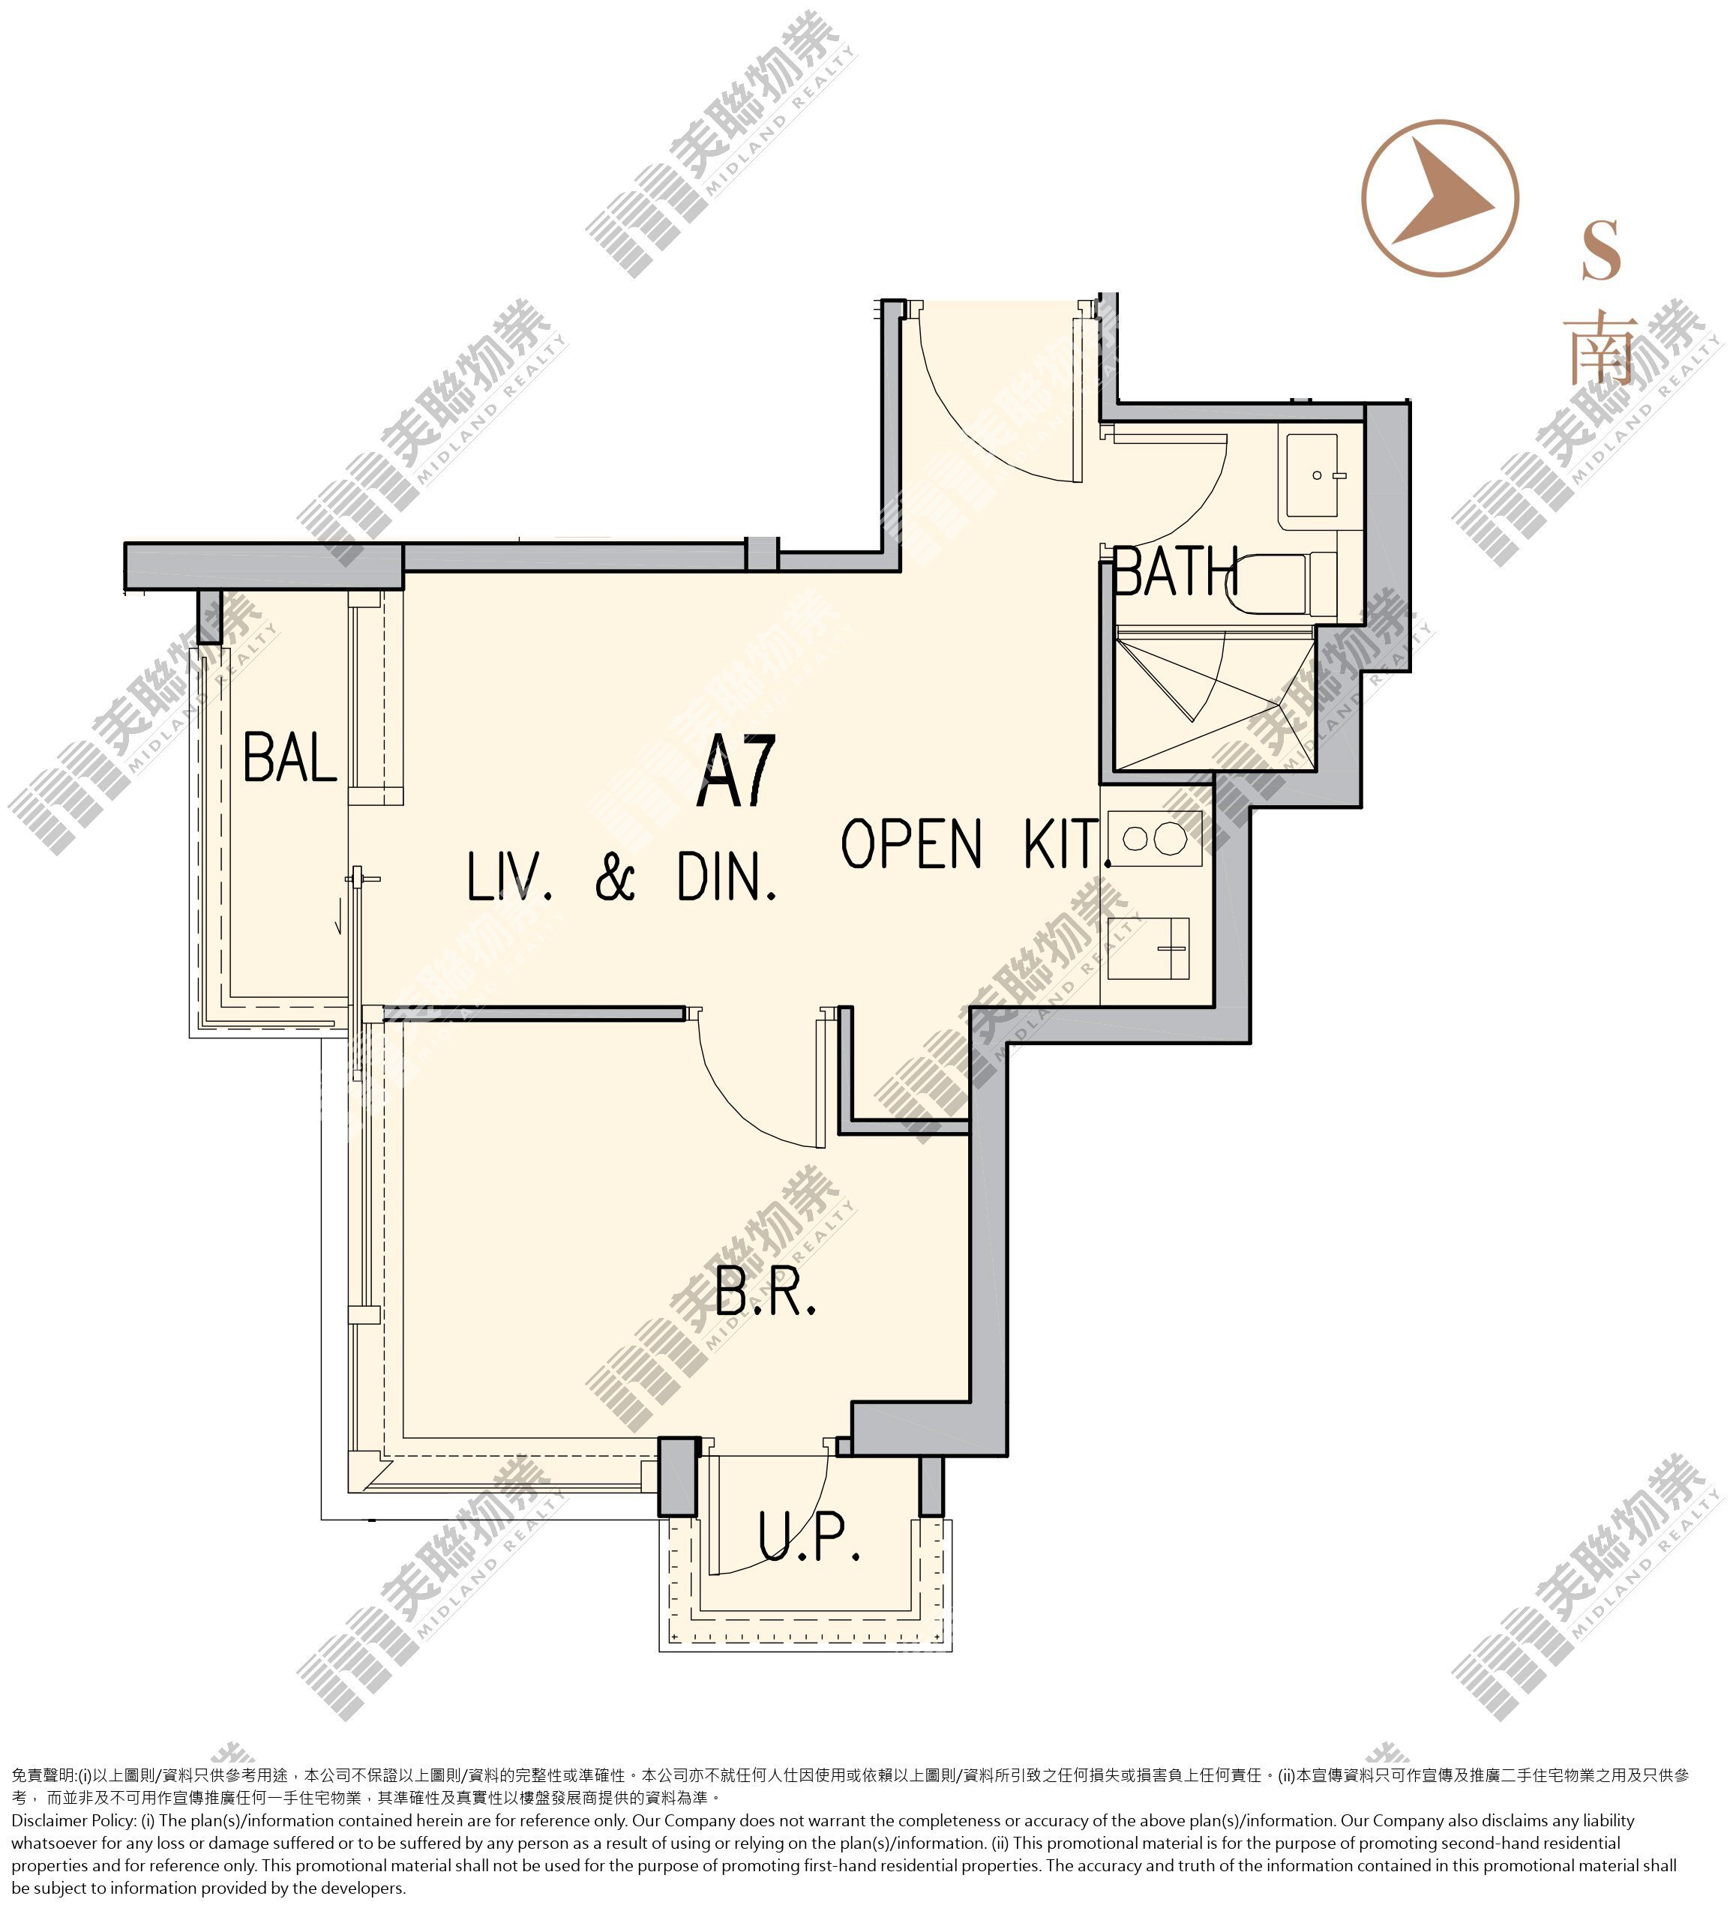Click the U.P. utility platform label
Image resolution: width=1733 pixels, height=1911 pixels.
click(808, 1537)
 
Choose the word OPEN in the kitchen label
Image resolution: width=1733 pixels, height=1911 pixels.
click(911, 843)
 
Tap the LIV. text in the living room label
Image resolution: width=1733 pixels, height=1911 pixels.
click(509, 877)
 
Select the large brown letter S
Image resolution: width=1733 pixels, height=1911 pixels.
click(1601, 250)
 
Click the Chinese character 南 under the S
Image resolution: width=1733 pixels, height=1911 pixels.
click(1601, 350)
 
